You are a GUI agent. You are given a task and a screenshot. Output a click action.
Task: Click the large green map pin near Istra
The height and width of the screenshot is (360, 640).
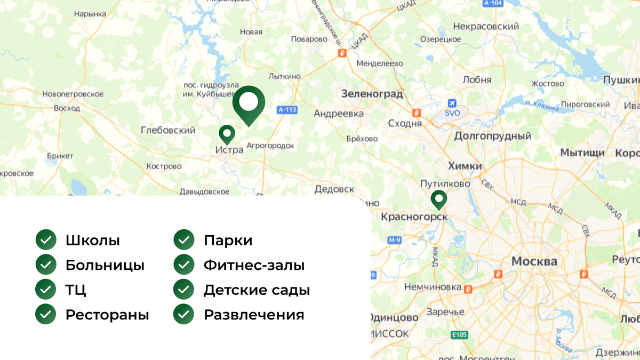pos(249,102)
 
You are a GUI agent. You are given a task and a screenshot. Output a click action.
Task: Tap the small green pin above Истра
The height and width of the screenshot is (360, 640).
pos(227,133)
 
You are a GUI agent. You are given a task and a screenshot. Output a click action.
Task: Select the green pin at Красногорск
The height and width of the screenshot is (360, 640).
pos(439,199)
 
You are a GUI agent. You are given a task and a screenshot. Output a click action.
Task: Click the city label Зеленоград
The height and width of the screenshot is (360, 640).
pos(372,94)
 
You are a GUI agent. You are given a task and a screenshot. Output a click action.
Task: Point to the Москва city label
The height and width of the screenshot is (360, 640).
pos(534,261)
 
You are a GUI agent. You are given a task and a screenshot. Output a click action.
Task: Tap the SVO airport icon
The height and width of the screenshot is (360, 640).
pos(452,103)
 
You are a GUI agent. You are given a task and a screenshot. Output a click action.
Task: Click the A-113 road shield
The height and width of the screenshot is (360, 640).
pos(287,110)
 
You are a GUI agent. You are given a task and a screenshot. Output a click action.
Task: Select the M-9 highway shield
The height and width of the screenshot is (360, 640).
pos(395,240)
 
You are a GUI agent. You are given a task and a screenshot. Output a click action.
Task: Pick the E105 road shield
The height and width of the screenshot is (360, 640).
pos(459,335)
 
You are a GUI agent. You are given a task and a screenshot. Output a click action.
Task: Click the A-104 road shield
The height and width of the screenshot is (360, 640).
pos(493,3)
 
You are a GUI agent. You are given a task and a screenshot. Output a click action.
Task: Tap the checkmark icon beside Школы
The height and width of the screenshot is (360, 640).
pos(46,240)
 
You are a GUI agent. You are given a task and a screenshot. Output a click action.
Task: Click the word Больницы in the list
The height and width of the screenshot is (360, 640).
pos(105,265)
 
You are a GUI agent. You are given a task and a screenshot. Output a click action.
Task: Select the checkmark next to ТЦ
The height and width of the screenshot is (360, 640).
pos(46,290)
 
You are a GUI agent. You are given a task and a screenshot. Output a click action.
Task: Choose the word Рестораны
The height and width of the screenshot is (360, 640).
pos(107,315)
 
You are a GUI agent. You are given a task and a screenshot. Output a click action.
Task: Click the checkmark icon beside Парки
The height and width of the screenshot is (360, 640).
pos(184,240)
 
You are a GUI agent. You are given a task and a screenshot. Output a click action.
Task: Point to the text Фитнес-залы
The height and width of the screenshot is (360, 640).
pos(254,265)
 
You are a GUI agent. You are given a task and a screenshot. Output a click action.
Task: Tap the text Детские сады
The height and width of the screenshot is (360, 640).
pos(257,290)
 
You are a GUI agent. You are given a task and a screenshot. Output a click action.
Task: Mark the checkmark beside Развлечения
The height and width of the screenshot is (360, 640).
pos(184,315)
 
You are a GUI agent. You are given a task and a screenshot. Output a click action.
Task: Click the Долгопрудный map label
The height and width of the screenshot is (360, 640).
pos(492,136)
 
